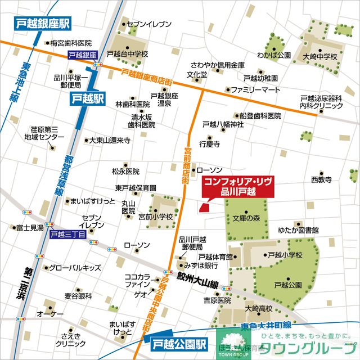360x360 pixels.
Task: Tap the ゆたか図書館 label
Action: (298, 230)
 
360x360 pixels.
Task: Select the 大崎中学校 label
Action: (319, 57)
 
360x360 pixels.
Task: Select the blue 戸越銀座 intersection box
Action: (83, 55)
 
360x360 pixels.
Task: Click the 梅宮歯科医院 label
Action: (70, 43)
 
